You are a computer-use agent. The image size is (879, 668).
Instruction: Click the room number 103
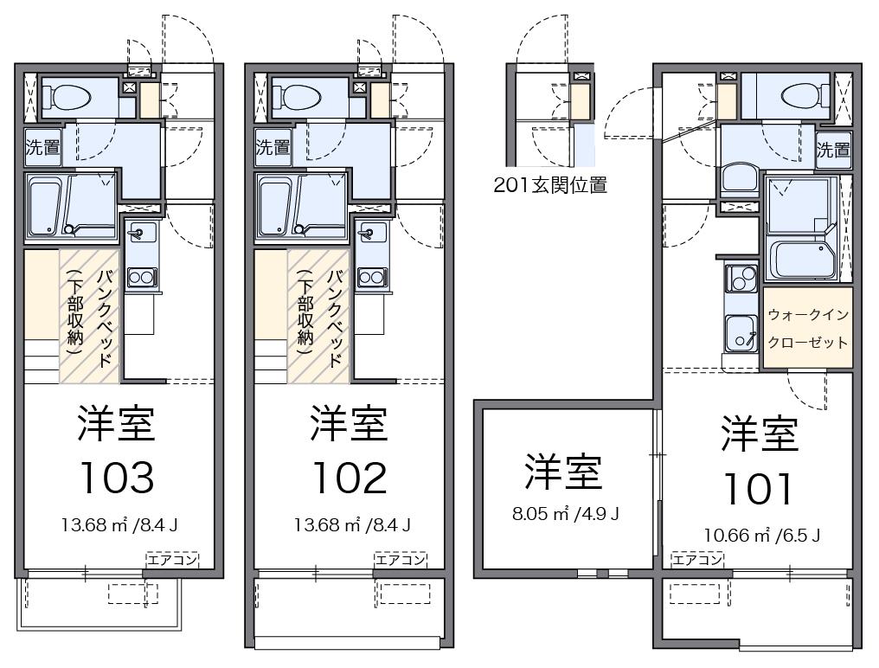(x=117, y=477)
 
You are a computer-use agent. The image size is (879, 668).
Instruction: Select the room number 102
(x=349, y=477)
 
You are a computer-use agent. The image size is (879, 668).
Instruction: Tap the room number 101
(x=758, y=489)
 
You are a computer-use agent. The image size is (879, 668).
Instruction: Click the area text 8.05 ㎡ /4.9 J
(x=566, y=513)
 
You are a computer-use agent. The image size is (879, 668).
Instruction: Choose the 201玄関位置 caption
(x=550, y=184)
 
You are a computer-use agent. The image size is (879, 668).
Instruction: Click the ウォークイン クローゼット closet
(x=807, y=328)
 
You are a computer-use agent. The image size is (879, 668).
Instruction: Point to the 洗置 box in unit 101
(x=834, y=149)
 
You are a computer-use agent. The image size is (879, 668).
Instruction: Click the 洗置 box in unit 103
(x=42, y=147)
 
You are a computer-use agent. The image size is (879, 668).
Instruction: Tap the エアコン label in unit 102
(x=401, y=560)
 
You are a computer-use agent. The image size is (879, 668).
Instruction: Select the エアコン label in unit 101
(x=697, y=560)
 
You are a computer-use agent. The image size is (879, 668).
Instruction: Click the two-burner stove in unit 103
(x=141, y=277)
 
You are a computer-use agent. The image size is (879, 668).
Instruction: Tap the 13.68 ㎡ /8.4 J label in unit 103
(x=119, y=524)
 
